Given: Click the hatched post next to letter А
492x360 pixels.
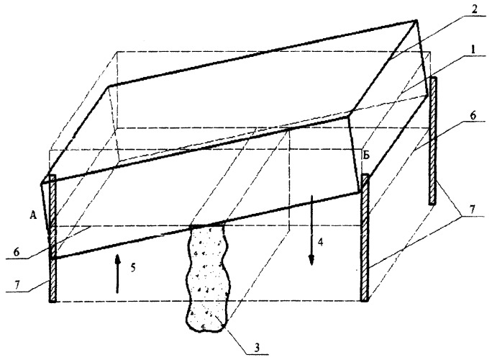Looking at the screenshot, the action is [x=52, y=238].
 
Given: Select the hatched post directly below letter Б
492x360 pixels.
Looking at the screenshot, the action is [x=365, y=238].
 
